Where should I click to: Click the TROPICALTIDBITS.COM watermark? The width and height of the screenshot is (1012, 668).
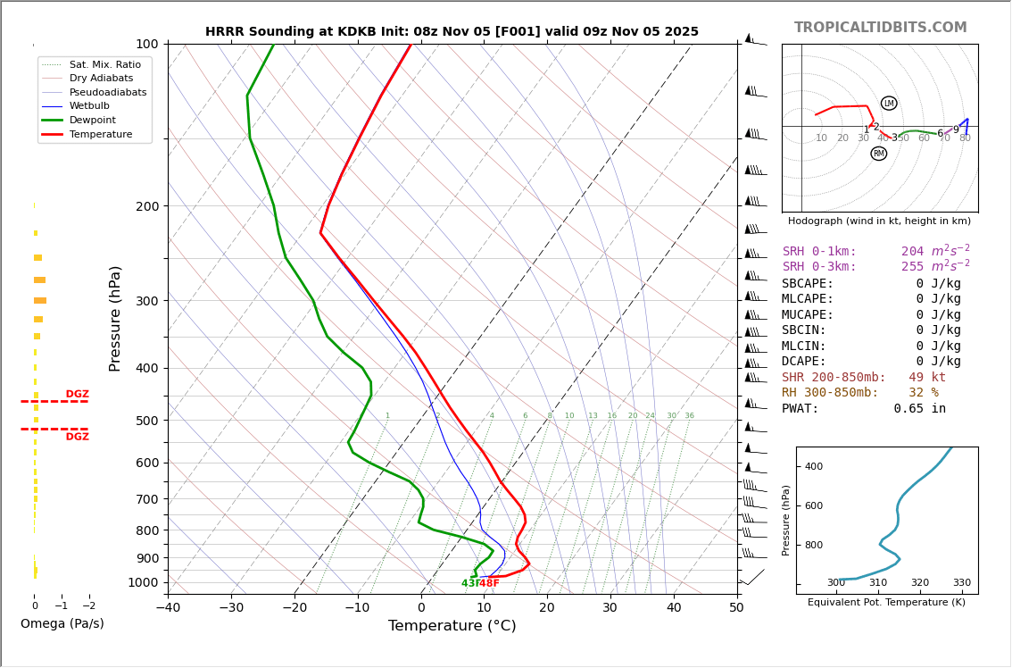coord(880,28)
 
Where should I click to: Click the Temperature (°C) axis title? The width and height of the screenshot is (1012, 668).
coord(452,626)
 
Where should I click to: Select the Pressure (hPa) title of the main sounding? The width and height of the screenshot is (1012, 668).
coord(115,318)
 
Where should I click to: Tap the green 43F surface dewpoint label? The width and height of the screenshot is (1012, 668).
coord(470,583)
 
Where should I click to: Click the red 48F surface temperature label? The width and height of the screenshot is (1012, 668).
coord(490,583)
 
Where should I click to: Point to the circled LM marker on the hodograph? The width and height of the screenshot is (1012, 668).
coord(889,104)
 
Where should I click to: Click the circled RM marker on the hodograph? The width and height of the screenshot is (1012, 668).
coord(879,154)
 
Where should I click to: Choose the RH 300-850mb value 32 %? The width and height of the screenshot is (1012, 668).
coord(923,393)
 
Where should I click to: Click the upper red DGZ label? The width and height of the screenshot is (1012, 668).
coord(77,395)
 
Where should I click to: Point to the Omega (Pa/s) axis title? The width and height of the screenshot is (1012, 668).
coord(62,624)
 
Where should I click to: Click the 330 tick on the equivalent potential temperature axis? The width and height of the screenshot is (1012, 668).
coord(961,583)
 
